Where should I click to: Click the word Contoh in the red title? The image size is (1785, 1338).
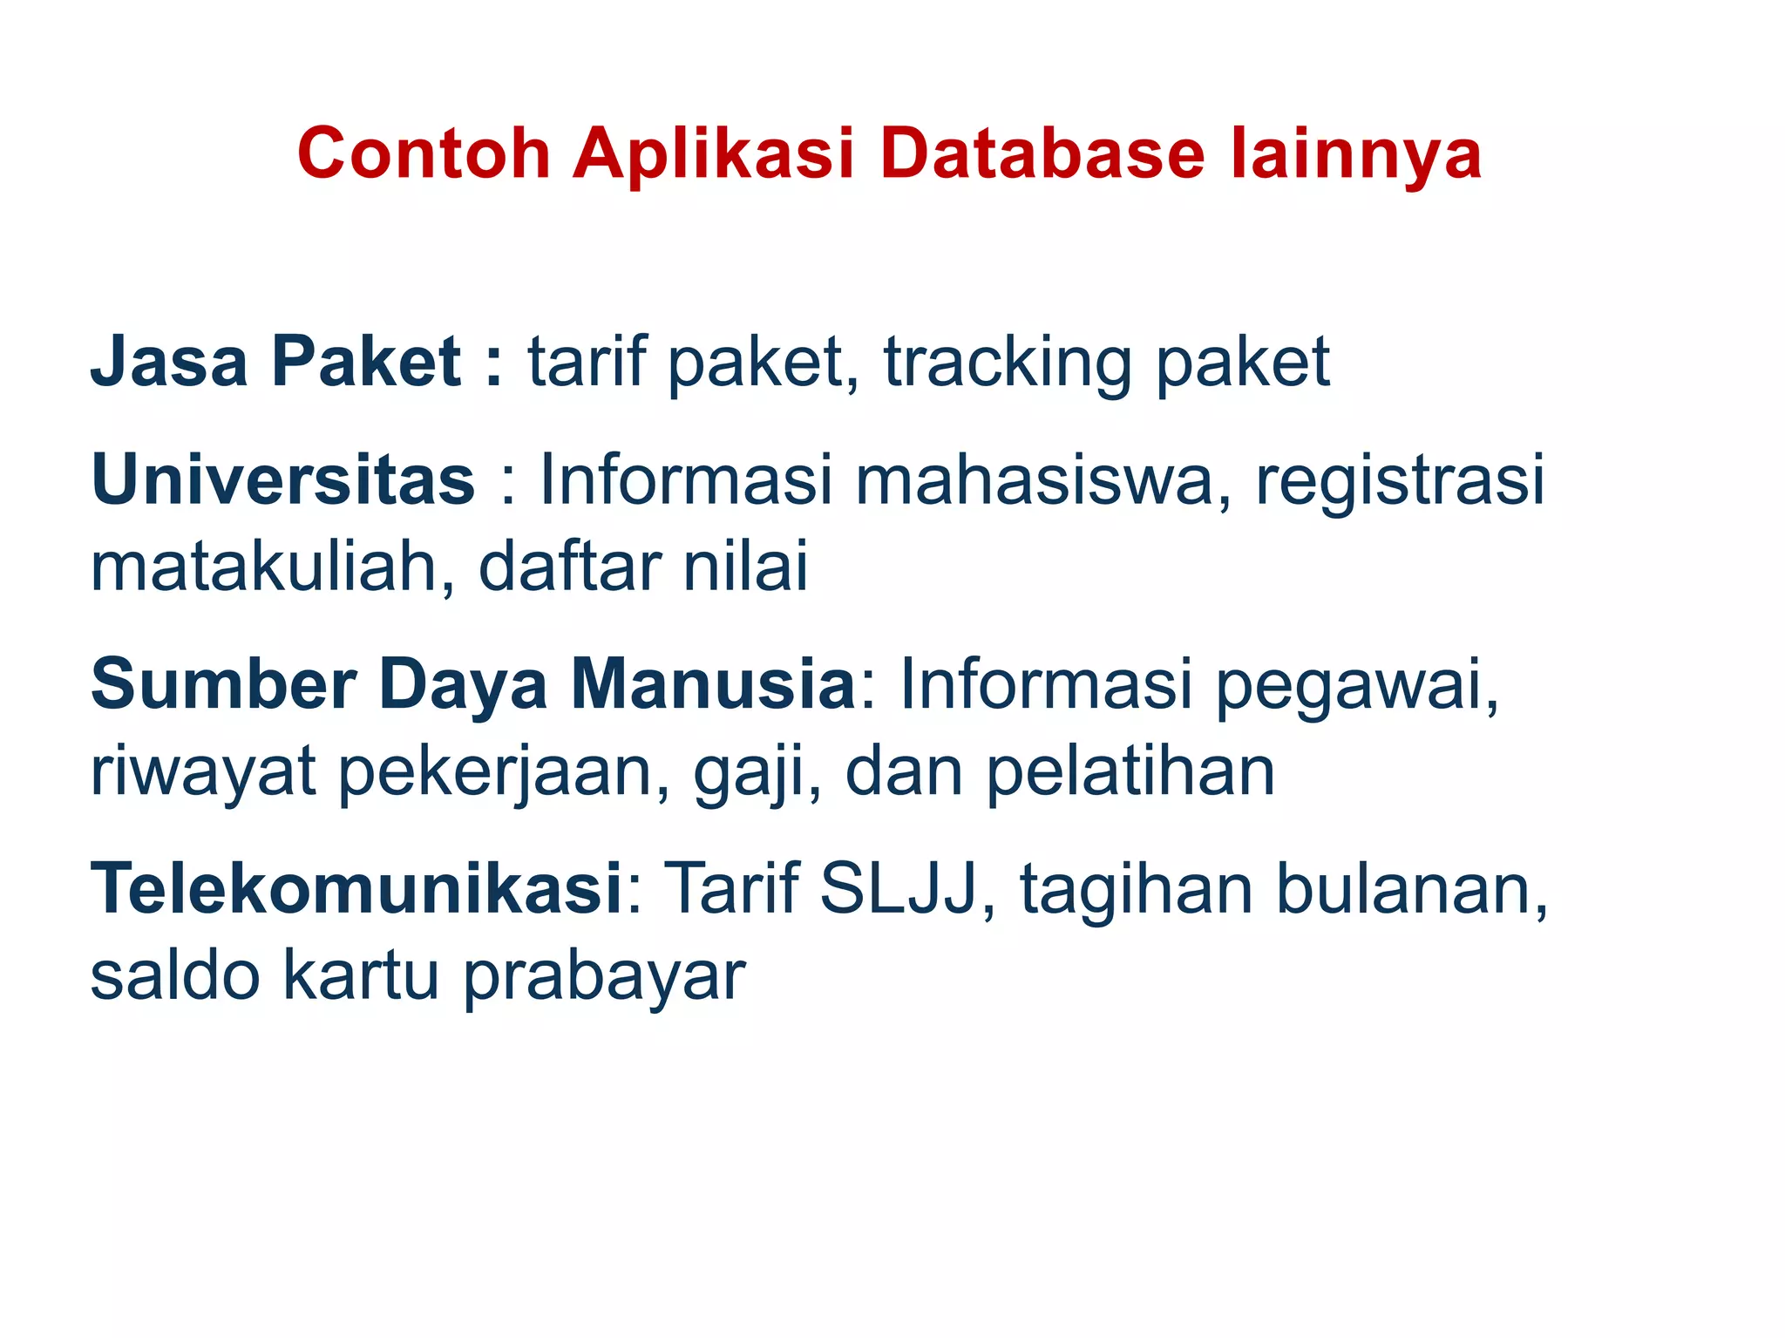[424, 154]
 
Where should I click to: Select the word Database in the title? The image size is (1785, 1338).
[1042, 154]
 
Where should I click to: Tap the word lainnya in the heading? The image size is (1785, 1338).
[1356, 154]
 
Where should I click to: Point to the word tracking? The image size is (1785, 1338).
[1008, 363]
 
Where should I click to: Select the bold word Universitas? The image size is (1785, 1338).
[283, 479]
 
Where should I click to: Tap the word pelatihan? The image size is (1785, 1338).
[1130, 772]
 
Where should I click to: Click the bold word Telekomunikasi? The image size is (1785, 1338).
[356, 889]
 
